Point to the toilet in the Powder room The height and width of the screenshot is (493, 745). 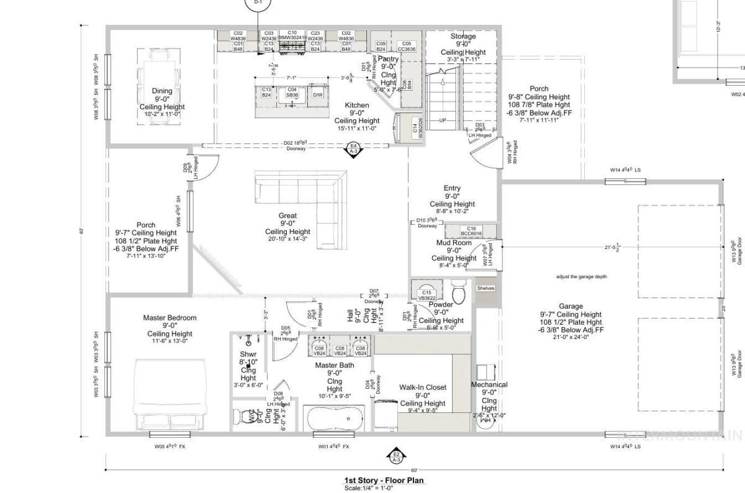[x=459, y=292]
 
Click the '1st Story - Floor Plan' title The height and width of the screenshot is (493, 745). [x=385, y=480]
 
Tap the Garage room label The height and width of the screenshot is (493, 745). [x=571, y=306]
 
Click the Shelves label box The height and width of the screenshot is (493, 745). [x=485, y=288]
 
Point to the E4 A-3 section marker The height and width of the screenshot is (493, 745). [x=353, y=148]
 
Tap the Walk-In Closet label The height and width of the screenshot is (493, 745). [x=423, y=387]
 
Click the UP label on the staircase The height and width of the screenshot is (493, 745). [x=443, y=120]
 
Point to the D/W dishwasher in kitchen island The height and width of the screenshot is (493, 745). [x=317, y=95]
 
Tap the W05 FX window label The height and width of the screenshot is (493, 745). [x=166, y=446]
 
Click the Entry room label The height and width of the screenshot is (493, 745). [x=452, y=188]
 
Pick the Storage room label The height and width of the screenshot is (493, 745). [x=463, y=37]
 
